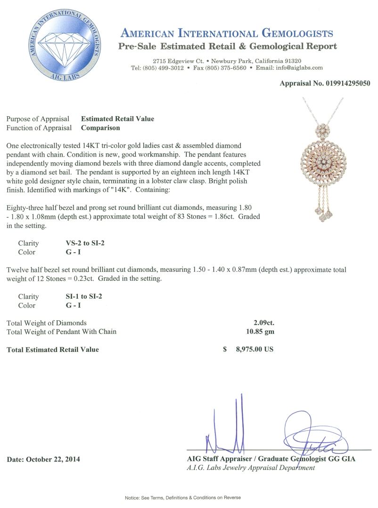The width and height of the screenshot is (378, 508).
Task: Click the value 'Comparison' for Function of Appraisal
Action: (100, 127)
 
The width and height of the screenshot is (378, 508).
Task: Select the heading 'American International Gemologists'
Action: (227, 33)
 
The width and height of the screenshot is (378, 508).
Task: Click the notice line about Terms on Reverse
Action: (189, 497)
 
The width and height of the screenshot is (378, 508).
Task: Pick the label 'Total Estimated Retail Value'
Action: (53, 349)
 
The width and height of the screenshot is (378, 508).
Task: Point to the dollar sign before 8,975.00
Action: (225, 349)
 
